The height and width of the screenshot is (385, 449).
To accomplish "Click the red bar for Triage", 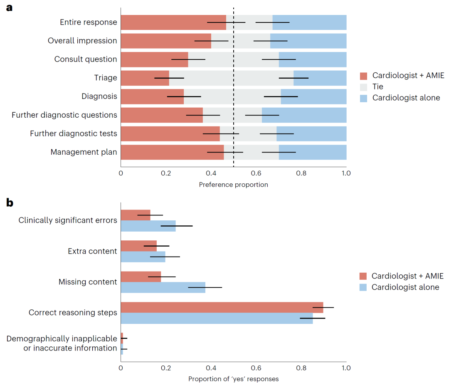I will tap(145, 78).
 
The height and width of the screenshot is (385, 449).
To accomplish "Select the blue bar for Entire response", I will tap(309, 22).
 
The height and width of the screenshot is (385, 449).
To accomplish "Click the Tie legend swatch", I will tap(364, 87).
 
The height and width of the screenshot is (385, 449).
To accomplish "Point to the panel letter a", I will tap(9, 8).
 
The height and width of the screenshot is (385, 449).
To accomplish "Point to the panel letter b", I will tap(10, 203).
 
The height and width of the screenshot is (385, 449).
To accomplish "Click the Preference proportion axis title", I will tap(233, 185).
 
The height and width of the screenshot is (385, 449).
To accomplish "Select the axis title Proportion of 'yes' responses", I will tap(233, 379).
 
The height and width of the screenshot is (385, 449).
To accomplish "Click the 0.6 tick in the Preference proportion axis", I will tap(256, 173).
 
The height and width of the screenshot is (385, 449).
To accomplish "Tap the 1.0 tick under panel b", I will tap(346, 368).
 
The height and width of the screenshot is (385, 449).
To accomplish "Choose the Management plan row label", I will tap(84, 152).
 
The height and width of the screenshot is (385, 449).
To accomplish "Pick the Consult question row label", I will tap(86, 59).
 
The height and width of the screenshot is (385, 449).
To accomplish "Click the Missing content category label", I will tap(88, 282).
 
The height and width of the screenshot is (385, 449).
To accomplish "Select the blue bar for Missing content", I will tap(163, 287).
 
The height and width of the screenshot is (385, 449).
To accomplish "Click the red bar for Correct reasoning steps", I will tap(222, 307).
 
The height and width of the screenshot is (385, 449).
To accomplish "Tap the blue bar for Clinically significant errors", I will tap(148, 226).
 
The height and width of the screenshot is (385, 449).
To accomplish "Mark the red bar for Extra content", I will tap(139, 246).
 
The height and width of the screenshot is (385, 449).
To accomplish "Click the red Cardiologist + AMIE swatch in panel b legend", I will tap(363, 276).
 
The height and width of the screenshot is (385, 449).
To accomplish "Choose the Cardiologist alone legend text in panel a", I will tap(406, 98).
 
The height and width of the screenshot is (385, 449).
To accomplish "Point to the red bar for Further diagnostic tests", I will tap(170, 134).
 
